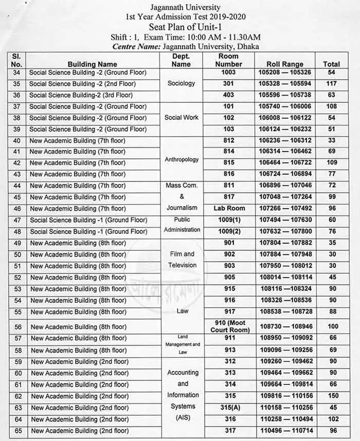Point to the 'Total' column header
point(331,64)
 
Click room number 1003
point(228,73)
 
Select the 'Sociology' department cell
point(182,83)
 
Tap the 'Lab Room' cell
point(229,208)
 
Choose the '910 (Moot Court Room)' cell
point(229,326)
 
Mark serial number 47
point(17,220)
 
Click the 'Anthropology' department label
point(182,159)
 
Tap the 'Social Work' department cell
point(182,117)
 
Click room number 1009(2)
point(229,231)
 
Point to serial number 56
point(17,327)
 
